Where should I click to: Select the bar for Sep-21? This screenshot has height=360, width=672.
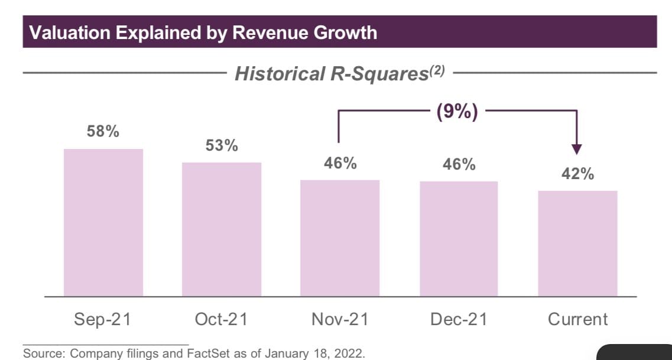tap(103, 222)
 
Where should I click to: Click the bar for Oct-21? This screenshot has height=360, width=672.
tap(222, 229)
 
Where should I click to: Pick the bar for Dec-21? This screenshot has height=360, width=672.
tap(459, 238)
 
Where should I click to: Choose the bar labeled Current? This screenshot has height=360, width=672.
tap(578, 243)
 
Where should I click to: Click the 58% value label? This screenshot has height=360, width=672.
tap(103, 132)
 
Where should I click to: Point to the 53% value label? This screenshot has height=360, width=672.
tap(222, 145)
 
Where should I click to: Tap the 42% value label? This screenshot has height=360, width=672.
tap(578, 174)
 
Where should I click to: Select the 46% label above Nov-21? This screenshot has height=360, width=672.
tap(340, 163)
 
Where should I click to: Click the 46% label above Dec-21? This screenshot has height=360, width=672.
tap(459, 164)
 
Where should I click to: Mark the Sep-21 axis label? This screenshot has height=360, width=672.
tap(103, 320)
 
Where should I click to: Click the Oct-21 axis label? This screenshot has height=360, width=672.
tap(221, 320)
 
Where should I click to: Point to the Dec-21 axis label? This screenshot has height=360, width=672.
tap(459, 320)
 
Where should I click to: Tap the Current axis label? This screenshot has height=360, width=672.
tap(578, 320)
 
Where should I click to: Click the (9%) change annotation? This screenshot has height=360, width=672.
tap(457, 112)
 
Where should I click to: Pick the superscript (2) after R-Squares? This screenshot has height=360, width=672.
tap(436, 70)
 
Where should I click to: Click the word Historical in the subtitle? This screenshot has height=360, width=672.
tap(276, 74)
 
